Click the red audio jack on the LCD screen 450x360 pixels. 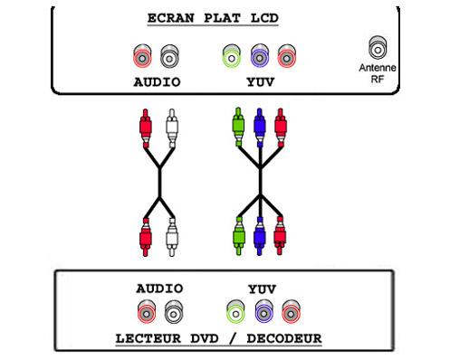[143, 59]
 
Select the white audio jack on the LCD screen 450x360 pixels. [168, 59]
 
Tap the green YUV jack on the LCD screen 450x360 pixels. [234, 59]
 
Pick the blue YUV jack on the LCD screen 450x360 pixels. [261, 59]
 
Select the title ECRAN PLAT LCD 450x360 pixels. [225, 18]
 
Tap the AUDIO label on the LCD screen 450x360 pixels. [156, 82]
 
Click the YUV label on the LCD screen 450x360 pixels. [261, 82]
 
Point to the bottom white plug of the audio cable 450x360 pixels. [172, 239]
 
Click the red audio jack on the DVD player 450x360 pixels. [145, 313]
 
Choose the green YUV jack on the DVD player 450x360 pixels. [235, 313]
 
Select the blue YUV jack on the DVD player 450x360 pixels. [263, 313]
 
